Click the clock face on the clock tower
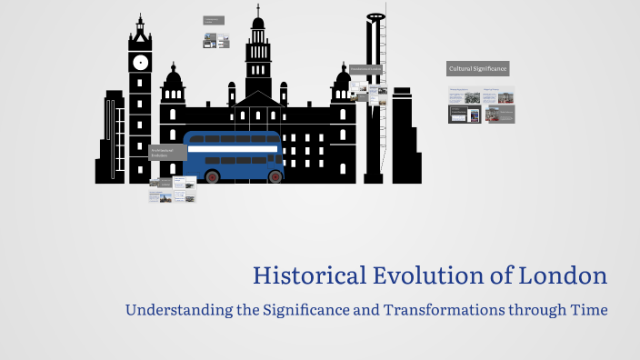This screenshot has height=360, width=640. click(x=140, y=63)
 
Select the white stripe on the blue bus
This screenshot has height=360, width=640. click(x=233, y=150)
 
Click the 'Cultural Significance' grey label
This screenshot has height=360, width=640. click(x=477, y=68)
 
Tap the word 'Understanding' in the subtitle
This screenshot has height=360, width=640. click(x=174, y=310)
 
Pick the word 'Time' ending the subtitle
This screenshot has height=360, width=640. click(x=587, y=310)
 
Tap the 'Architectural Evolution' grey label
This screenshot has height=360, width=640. click(x=167, y=153)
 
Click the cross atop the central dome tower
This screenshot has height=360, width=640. click(x=258, y=9)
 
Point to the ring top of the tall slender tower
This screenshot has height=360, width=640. click(x=374, y=16)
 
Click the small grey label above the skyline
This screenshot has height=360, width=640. click(x=215, y=20)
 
